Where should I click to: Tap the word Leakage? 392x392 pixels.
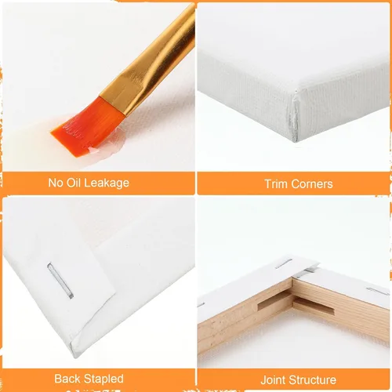point(107,183)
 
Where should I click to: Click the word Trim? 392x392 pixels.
point(276,184)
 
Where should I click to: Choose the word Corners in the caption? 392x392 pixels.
point(312,184)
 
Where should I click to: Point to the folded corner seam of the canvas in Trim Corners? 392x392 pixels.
point(295,115)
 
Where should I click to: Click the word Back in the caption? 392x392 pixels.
point(67,379)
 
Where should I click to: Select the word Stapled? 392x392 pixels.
point(103,379)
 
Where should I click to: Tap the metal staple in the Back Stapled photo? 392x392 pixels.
point(60,281)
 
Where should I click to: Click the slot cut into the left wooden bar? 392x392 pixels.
point(274,300)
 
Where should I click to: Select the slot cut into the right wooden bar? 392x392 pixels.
point(314,307)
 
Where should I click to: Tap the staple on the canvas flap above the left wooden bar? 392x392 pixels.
point(284,264)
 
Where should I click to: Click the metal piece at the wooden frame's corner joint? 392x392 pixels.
point(306,272)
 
